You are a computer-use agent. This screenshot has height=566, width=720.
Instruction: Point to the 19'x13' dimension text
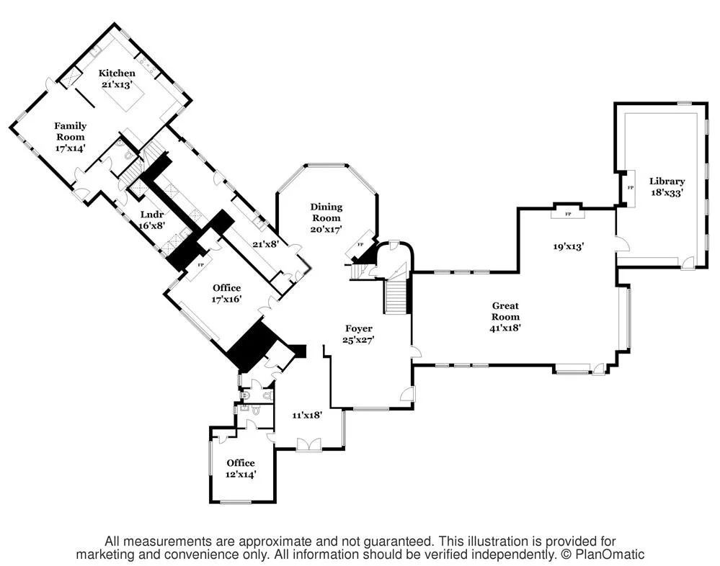pos(568,247)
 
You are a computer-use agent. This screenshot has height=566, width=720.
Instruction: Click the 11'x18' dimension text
pos(307,415)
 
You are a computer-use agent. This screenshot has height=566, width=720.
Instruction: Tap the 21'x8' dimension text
pos(265,244)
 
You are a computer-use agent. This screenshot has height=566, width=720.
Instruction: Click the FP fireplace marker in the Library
pos(631,188)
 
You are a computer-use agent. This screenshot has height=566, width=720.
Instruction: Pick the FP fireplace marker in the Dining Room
pos(360,244)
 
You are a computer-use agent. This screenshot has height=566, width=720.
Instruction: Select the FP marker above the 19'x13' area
pos(568,214)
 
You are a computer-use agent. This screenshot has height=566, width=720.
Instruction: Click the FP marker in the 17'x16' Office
pos(200,265)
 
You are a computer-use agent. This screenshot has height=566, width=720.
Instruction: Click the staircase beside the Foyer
pos(396,297)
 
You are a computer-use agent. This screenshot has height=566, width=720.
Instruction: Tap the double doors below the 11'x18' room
pos(308,444)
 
